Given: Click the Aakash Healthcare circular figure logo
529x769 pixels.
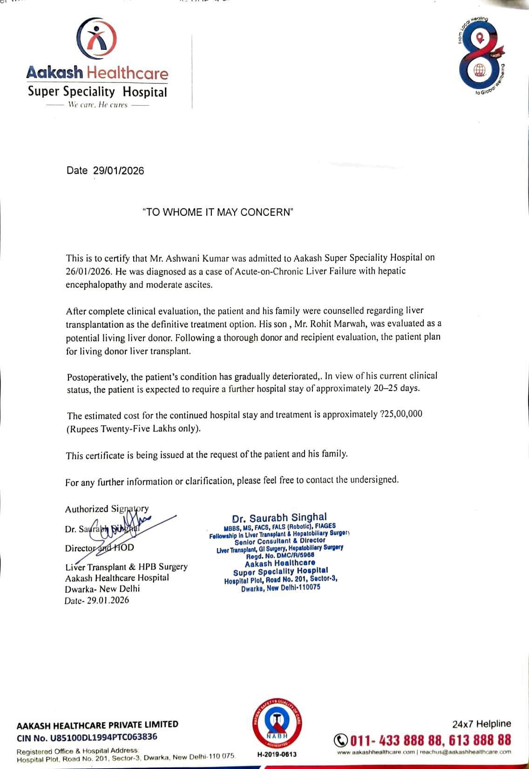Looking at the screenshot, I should pyautogui.click(x=96, y=40).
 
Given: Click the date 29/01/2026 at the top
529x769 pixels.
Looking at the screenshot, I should pyautogui.click(x=118, y=171).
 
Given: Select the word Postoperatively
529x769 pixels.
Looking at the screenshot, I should pyautogui.click(x=95, y=377).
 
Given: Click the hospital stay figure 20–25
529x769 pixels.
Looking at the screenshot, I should pyautogui.click(x=386, y=388).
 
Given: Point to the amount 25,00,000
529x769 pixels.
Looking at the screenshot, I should pyautogui.click(x=403, y=414).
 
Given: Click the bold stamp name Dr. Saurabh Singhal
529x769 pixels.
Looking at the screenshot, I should pyautogui.click(x=279, y=517).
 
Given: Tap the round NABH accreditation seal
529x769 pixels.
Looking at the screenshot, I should pyautogui.click(x=276, y=724).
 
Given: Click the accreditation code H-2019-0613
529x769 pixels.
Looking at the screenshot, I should pyautogui.click(x=277, y=754).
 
